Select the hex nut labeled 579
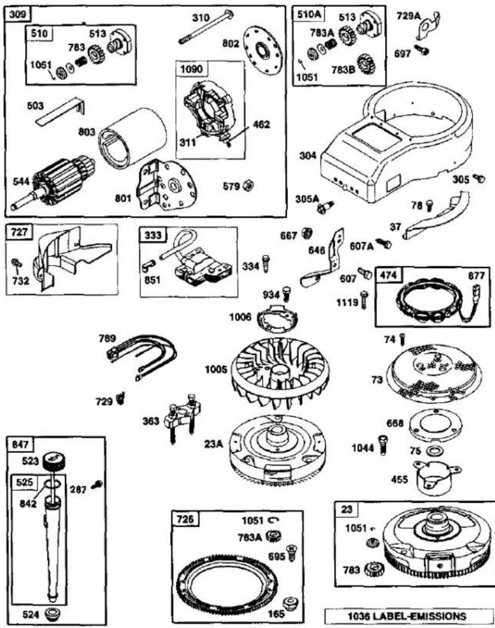[x=249, y=185]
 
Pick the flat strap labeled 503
[x=62, y=111]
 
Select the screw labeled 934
[x=287, y=294]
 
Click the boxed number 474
[x=388, y=275]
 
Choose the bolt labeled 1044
[x=382, y=445]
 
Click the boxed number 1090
[x=192, y=69]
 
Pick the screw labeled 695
[x=291, y=554]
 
